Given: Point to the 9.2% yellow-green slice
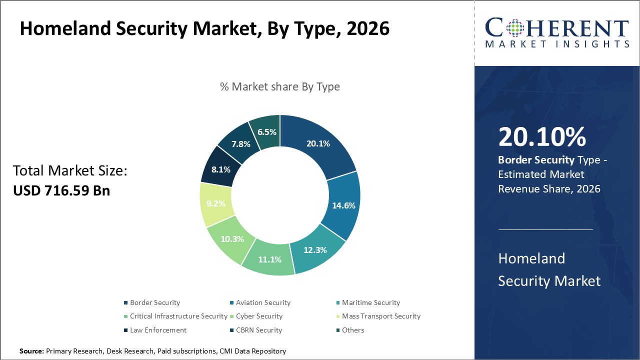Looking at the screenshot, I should [216, 204].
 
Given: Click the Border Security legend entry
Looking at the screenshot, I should [154, 302].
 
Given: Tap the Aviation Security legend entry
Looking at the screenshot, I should [263, 302].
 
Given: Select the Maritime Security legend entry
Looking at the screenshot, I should [371, 302].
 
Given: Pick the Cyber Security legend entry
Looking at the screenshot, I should [259, 316].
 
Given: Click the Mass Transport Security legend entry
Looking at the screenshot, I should [381, 316].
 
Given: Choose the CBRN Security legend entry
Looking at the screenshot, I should [259, 330].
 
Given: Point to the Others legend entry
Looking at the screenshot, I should [353, 330].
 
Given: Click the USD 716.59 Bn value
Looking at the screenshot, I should [61, 190].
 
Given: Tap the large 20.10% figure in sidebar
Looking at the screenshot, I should [541, 137].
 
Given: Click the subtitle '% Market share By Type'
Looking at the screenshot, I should [279, 86].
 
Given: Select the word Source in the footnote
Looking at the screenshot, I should [31, 351].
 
